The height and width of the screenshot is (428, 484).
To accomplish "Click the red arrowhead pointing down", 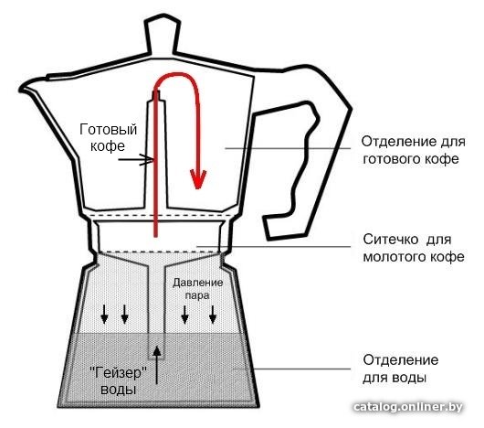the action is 198,178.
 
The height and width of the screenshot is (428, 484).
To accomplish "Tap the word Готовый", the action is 109,130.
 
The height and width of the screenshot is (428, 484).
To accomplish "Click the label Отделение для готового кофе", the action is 413,151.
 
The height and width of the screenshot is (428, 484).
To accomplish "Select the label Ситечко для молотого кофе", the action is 414,249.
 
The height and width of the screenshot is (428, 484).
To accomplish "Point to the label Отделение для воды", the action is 400,369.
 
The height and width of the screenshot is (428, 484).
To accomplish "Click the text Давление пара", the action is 197,289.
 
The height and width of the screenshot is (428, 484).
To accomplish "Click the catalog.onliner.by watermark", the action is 408,407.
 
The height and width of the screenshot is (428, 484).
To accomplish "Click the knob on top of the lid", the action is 163,35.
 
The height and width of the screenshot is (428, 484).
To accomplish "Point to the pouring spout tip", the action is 21,90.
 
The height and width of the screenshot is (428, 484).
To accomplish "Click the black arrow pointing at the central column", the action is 136,159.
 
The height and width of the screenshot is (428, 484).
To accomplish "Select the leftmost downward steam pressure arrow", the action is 105,315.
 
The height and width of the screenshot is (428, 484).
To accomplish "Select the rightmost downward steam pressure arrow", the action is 213,315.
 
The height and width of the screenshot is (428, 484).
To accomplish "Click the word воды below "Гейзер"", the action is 118,390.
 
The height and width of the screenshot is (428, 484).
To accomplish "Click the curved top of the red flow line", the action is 176,74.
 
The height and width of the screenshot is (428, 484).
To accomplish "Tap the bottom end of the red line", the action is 155,236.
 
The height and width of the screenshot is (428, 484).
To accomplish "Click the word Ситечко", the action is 391,240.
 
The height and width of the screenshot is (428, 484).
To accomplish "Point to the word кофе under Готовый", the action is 108,146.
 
